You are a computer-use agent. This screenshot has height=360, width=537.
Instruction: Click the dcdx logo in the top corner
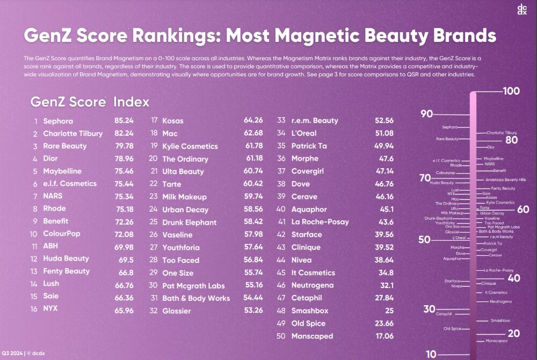coord(521,9)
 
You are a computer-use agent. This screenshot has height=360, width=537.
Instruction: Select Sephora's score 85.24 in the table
coord(124,121)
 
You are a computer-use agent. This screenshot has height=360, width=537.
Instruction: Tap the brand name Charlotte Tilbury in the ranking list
coord(72,133)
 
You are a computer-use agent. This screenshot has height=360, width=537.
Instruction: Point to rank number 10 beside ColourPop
coord(33,234)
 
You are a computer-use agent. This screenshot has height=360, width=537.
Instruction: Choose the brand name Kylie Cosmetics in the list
coord(190,146)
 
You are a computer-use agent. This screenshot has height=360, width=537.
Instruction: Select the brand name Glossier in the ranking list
coord(177,311)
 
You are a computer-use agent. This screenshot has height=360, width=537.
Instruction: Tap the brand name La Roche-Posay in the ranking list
coord(320,221)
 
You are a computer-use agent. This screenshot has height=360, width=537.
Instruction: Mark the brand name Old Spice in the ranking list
coord(311,323)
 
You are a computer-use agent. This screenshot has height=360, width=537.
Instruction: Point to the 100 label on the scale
coord(511,91)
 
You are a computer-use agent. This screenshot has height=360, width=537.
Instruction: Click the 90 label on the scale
coord(427,113)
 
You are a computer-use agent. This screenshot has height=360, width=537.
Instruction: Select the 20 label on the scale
coord(513,334)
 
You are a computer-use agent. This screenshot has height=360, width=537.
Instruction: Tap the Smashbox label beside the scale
coord(500,320)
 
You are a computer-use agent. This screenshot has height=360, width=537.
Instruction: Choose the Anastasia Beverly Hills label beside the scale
coord(505,180)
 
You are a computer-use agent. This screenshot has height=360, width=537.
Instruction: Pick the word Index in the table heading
coord(132,102)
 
